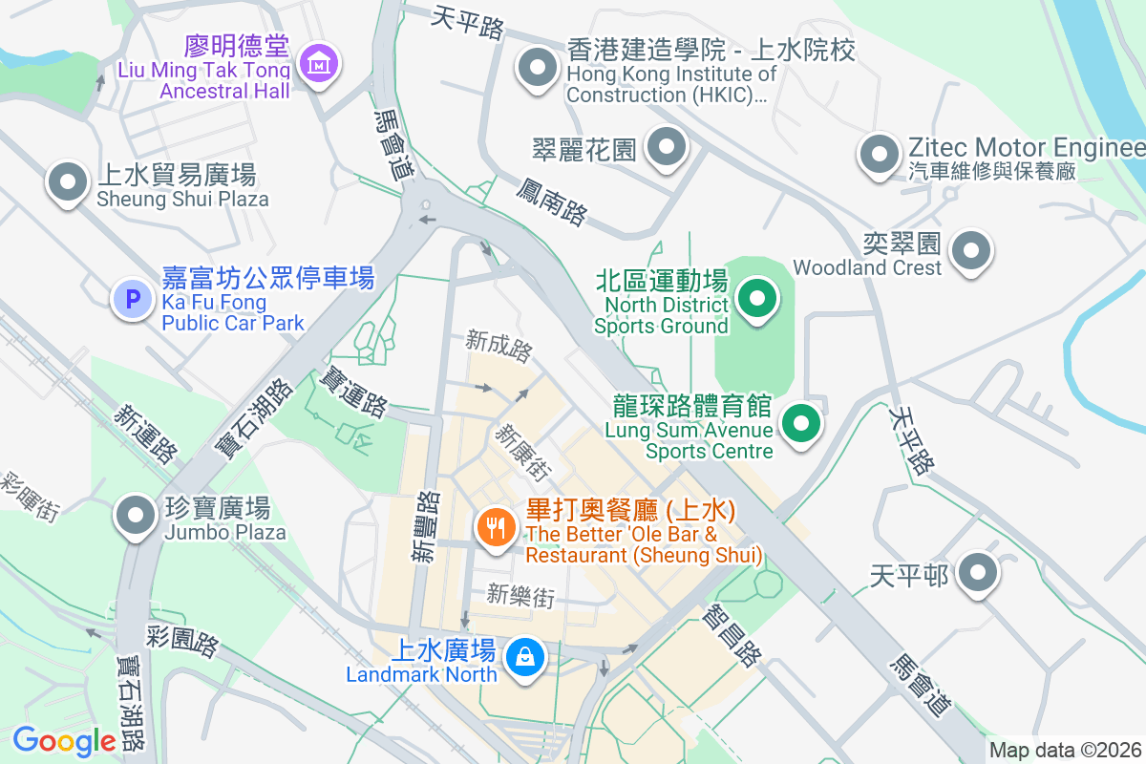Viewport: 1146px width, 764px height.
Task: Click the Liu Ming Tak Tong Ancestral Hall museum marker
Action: [x=318, y=64]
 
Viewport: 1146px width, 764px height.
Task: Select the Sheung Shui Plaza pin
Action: [x=68, y=181]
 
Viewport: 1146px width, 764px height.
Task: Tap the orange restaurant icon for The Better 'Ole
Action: [x=496, y=525]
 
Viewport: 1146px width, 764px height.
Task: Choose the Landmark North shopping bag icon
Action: [x=524, y=657]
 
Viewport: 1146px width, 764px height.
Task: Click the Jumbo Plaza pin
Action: [x=136, y=516]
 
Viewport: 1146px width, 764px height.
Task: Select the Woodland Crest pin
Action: [x=972, y=250]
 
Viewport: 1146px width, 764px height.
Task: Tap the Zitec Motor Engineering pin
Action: [x=880, y=154]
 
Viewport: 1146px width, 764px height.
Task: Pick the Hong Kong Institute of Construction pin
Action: [x=538, y=69]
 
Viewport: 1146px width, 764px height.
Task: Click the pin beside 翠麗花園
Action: [x=667, y=148]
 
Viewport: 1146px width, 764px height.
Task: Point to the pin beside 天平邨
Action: [x=977, y=574]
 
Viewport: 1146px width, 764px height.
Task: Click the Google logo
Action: [x=64, y=741]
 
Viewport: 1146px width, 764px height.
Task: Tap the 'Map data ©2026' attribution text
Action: [x=1065, y=751]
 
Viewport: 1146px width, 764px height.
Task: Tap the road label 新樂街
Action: [x=520, y=597]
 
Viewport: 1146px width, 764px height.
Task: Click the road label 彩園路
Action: [x=182, y=640]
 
